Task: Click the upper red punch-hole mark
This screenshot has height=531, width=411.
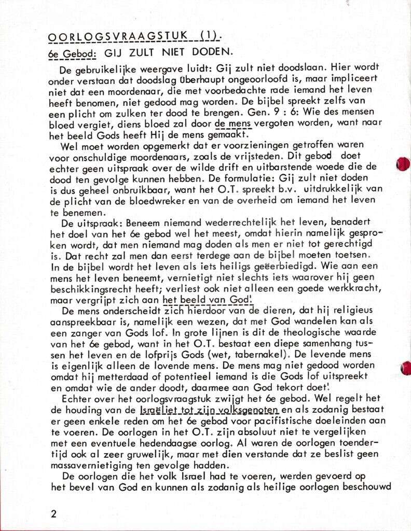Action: click(x=403, y=164)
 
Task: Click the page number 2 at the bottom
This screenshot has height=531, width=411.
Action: click(x=54, y=514)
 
